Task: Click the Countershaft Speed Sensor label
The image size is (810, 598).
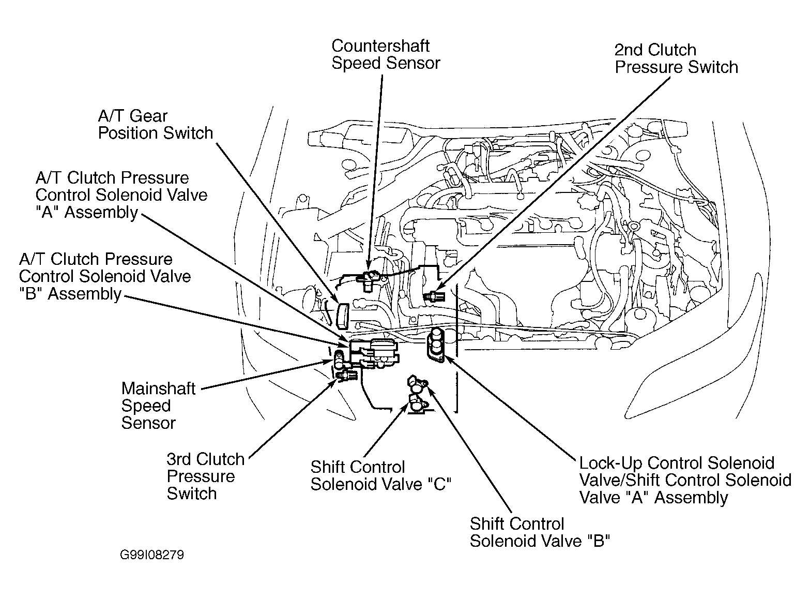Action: coord(386,54)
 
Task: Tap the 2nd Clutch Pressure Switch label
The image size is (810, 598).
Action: coord(676,58)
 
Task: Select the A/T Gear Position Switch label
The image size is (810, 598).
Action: coord(156,125)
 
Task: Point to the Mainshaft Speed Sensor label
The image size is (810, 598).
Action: coord(158,406)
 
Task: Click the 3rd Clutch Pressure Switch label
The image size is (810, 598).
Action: coord(205,476)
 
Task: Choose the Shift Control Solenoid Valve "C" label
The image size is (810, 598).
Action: coord(381,475)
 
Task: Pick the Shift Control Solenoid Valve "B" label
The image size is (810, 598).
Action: coord(540,532)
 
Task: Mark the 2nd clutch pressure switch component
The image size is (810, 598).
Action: coord(435,296)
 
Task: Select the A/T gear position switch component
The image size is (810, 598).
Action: coord(342,316)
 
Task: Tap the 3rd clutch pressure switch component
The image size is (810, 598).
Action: coord(346,376)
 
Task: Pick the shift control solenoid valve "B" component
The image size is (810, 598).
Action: coord(417,385)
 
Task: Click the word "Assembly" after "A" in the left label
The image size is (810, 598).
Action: coord(101,212)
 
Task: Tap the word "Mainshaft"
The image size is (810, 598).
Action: coord(158,388)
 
